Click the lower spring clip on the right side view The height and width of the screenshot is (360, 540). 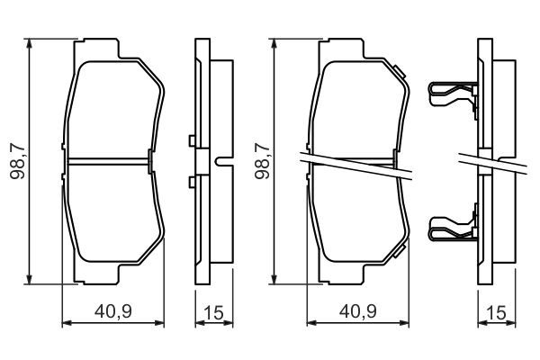click(449, 230)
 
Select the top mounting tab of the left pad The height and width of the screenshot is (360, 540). click(100, 45)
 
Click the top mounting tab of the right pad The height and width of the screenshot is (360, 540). click(346, 45)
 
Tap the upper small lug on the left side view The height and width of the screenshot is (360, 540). click(193, 140)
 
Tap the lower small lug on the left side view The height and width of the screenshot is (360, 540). click(193, 183)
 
